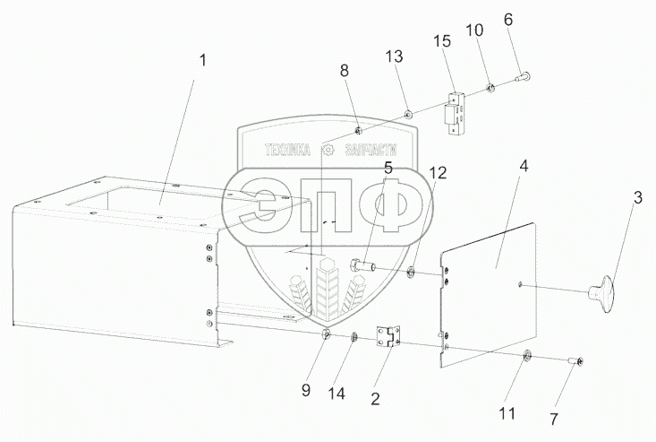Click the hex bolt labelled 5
358,264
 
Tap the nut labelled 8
357,132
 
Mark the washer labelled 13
407,114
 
